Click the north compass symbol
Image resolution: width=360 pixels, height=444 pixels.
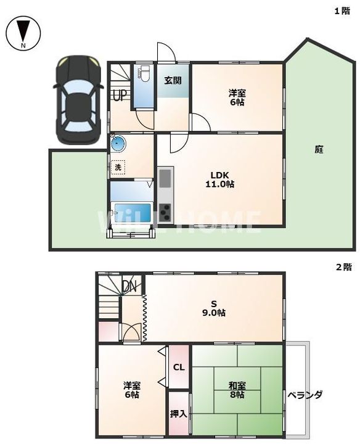click(24, 33)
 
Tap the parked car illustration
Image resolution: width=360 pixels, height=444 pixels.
click(78, 100)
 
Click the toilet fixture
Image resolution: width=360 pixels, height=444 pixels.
click(144, 73)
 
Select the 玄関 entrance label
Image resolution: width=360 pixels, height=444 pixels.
click(173, 81)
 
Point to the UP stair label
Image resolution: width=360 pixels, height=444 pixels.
click(120, 96)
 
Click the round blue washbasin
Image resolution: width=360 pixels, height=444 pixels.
click(118, 143)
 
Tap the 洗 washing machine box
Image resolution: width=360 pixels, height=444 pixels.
click(118, 167)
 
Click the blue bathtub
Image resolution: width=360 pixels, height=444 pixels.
click(132, 212)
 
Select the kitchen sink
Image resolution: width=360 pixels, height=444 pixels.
click(165, 178)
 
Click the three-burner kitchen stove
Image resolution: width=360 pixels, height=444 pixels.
click(165, 212)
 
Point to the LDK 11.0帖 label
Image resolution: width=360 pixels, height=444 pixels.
click(219, 179)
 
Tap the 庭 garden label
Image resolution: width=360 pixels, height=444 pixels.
click(319, 149)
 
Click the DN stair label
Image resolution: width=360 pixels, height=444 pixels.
click(129, 287)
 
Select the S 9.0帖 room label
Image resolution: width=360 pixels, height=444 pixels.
click(214, 308)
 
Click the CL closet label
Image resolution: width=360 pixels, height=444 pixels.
click(179, 368)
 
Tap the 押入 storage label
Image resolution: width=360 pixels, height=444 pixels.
click(179, 414)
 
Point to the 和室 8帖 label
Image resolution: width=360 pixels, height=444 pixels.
click(237, 390)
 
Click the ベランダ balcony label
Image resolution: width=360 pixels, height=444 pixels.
click(305, 395)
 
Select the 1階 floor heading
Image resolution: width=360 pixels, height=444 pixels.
click(343, 11)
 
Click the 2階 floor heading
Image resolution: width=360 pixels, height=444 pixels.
click(344, 267)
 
